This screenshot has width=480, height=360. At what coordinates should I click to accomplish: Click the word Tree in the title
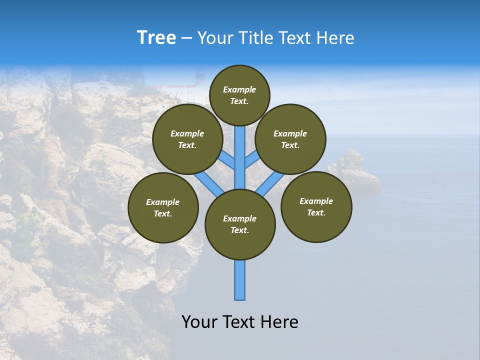[156, 38]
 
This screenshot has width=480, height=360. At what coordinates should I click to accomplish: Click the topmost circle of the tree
[239, 95]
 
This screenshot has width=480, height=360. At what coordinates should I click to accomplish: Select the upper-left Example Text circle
[187, 139]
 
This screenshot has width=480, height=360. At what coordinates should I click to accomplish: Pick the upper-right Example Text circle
[290, 139]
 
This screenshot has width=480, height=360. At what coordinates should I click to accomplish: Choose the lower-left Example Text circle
[163, 207]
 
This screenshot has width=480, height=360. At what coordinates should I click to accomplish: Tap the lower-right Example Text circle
[316, 206]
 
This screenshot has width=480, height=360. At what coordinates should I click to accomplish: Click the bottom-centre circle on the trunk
[240, 224]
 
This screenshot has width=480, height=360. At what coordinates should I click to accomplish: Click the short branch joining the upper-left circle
[227, 160]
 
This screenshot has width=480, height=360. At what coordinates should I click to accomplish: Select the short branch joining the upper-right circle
[252, 159]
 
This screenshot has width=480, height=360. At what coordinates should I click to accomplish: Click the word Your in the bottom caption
[199, 322]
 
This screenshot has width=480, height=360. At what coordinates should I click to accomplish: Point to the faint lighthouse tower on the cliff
[200, 80]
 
